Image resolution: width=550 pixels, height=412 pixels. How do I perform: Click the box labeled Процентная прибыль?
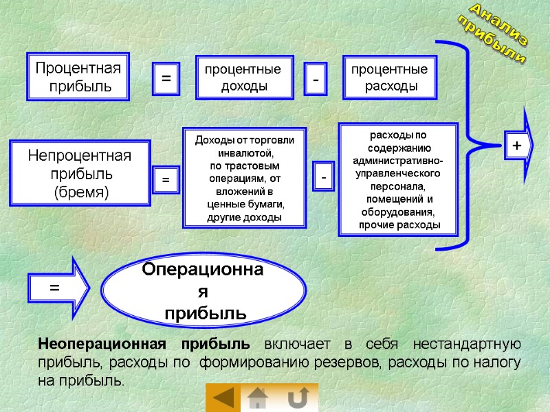[78, 77]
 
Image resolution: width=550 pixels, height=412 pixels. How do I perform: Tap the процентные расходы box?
[389, 78]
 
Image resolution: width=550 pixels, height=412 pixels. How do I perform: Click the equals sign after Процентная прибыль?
[166, 79]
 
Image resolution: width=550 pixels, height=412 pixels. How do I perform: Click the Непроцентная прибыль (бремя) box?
[80, 173]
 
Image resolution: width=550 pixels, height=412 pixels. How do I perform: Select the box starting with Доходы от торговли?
[244, 178]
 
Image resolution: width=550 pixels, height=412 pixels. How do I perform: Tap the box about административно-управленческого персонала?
[397, 179]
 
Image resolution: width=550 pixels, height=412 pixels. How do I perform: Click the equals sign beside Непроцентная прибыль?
[166, 179]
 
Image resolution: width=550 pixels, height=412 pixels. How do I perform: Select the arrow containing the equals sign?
[59, 289]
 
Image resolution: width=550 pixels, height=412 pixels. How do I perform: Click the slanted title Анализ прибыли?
[494, 34]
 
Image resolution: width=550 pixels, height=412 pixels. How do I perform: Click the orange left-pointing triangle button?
[223, 398]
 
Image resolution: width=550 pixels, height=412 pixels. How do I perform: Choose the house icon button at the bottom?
[258, 398]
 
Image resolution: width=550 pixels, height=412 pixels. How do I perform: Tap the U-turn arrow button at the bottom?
[298, 398]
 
